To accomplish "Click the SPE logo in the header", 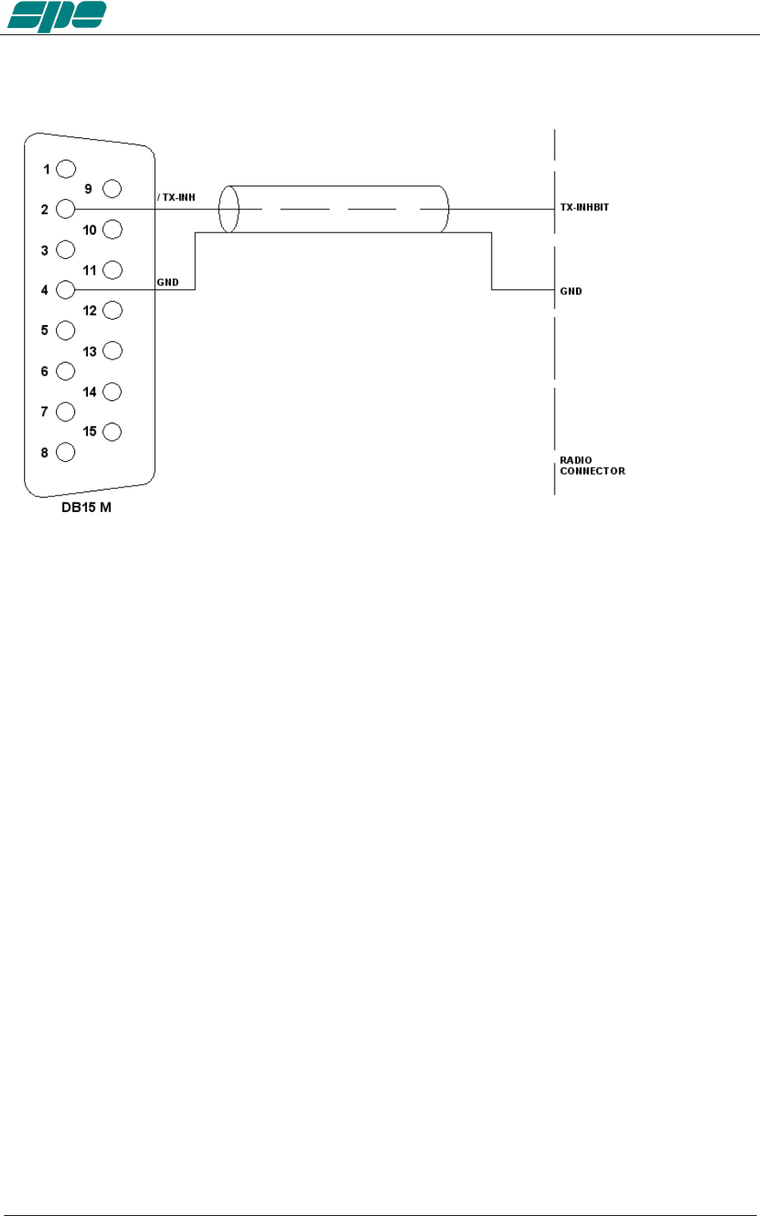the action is click(57, 16).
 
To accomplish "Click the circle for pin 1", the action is click(66, 169).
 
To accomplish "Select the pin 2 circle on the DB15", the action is click(66, 209).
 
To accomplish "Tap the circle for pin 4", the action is click(66, 290).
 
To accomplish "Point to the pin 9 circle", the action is click(112, 189).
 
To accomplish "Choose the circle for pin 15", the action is click(112, 431).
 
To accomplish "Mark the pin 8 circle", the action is click(66, 452).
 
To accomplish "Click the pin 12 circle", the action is click(112, 310).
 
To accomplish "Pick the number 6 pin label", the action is click(45, 371).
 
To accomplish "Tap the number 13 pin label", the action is click(90, 352).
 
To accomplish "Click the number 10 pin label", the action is click(90, 230).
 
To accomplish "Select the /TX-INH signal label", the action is click(177, 197).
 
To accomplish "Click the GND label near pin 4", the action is click(168, 282).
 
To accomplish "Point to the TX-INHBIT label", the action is click(584, 207).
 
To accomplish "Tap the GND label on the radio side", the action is click(571, 291).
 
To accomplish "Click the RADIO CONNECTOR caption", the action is click(592, 466).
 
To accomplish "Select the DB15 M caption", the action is click(86, 507).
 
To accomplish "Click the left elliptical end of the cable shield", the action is click(229, 209).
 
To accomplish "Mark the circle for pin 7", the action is click(66, 411).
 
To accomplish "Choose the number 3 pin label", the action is click(45, 250).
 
